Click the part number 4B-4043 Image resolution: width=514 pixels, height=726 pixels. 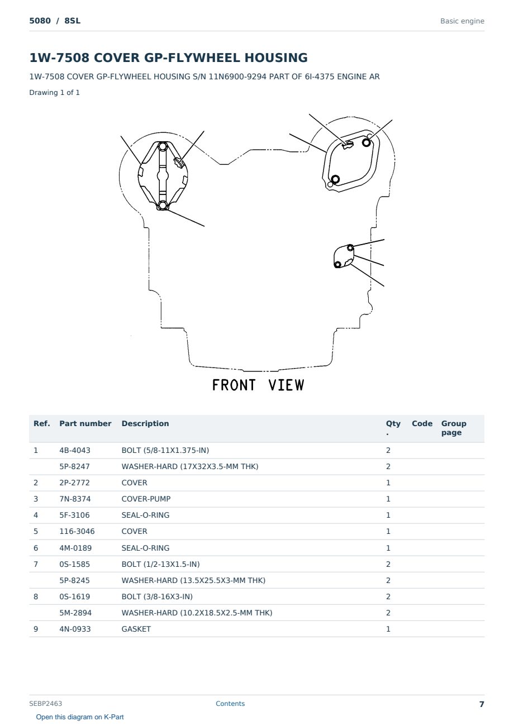[x=75, y=450]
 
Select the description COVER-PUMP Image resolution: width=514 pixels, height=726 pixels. [x=146, y=499]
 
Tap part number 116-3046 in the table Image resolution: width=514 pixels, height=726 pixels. [x=77, y=531]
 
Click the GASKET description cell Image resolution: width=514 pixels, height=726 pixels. [x=136, y=629]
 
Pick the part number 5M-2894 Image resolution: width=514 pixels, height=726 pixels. [x=75, y=613]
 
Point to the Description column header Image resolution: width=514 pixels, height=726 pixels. [x=145, y=423]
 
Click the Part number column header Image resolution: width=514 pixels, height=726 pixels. [x=85, y=423]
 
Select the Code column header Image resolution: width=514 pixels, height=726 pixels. [x=422, y=423]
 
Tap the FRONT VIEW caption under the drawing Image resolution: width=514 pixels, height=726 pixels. [x=258, y=385]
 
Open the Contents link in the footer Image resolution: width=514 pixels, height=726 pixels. [x=230, y=703]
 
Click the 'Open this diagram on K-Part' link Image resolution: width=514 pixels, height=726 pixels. [x=80, y=717]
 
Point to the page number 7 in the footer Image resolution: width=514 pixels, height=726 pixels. [x=482, y=704]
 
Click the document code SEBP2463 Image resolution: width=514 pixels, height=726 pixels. [x=45, y=703]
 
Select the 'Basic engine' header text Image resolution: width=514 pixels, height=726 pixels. [x=462, y=21]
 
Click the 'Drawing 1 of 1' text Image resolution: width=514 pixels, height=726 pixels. [x=55, y=92]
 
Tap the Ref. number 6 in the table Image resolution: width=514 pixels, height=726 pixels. [x=36, y=548]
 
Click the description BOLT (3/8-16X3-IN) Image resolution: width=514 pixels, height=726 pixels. [x=157, y=596]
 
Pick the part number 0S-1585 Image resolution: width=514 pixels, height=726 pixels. [x=75, y=564]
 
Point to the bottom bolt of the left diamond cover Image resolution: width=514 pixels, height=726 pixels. [x=163, y=205]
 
